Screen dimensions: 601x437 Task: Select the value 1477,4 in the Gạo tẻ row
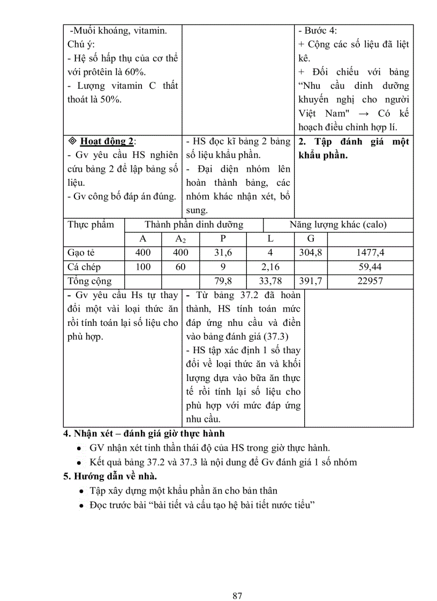(x=370, y=253)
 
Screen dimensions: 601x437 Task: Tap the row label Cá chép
(x=84, y=267)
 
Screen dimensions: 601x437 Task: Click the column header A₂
(x=180, y=239)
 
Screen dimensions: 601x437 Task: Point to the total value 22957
(x=370, y=280)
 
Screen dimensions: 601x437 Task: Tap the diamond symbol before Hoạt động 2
(x=73, y=141)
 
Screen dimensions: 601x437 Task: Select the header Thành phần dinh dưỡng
(x=194, y=225)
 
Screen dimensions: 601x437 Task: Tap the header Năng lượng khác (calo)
(x=338, y=225)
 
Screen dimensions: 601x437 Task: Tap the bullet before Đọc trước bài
(x=79, y=505)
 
